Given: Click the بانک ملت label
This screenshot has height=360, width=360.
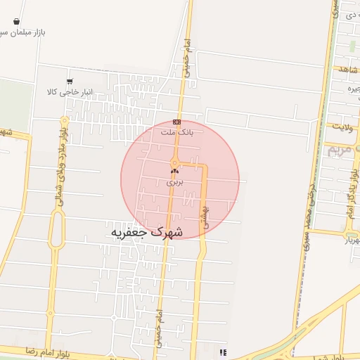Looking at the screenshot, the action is point(176,131).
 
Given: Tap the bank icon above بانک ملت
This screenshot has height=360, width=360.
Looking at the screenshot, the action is point(176,122).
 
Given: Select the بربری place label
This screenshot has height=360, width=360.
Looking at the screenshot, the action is point(174,181).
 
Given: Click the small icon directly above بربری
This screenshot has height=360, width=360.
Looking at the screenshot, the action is point(174,171).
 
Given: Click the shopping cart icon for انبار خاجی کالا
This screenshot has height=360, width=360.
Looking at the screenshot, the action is point(69,82).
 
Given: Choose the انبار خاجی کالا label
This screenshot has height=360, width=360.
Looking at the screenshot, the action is point(70,92).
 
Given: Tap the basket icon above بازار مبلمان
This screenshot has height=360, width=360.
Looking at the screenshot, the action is point(15,22).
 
